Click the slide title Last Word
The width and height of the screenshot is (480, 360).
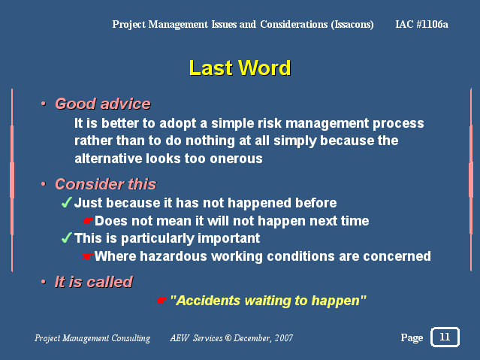[x=240, y=68]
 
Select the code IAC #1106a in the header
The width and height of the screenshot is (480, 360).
[x=421, y=24]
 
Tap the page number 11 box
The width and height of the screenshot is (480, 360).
[x=445, y=337]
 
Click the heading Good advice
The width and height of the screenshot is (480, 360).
[x=103, y=104]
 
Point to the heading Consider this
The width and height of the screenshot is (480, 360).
[x=106, y=184]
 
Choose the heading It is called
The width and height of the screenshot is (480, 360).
[x=94, y=282]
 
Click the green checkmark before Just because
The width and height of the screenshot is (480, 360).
[x=66, y=202]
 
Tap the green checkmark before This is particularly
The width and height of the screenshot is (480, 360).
[x=66, y=237]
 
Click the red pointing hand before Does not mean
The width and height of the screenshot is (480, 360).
[x=87, y=221]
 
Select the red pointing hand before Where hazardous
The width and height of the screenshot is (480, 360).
[x=87, y=256]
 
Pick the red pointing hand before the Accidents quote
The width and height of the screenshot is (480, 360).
[x=161, y=301]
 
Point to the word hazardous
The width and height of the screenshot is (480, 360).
[x=174, y=256]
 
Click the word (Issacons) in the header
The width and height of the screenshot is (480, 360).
[x=352, y=24]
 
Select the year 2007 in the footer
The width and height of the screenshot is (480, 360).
[x=284, y=338]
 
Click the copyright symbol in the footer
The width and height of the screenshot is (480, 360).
[x=228, y=338]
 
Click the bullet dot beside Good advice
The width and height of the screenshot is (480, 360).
[x=44, y=104]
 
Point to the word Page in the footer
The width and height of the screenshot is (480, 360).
[x=412, y=338]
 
